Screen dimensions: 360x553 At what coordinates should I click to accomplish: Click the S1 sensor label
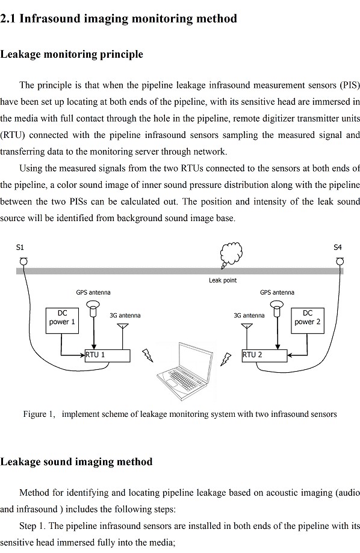tap(20, 247)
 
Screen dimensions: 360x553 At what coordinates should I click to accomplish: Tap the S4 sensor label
tap(338, 247)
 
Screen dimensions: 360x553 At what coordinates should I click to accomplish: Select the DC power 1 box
tap(62, 320)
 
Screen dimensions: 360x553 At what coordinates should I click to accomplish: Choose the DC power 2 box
tap(308, 320)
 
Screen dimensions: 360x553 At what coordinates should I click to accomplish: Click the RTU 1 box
tap(108, 355)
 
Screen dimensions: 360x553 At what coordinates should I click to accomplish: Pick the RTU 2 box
tap(264, 355)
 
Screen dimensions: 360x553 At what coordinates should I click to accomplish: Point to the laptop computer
tap(185, 371)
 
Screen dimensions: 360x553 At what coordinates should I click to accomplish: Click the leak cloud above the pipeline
tap(231, 254)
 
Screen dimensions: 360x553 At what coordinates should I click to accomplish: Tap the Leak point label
tap(223, 280)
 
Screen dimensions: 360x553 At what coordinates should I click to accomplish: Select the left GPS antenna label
tap(93, 292)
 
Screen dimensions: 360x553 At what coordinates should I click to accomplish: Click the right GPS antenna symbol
tap(277, 308)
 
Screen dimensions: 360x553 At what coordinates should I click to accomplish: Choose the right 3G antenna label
tap(249, 315)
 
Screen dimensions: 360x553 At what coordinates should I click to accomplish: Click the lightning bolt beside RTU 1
tap(147, 355)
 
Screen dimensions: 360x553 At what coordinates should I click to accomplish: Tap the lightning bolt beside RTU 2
tap(225, 360)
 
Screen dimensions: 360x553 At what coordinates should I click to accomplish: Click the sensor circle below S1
tap(23, 261)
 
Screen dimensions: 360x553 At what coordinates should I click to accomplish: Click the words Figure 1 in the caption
tap(39, 414)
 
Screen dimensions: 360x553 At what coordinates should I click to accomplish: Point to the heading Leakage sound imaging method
tap(76, 461)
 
